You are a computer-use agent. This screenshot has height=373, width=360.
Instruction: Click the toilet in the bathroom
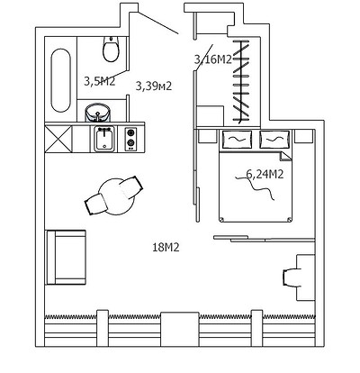pos(112,49)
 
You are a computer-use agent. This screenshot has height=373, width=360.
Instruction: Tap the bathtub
pos(61,80)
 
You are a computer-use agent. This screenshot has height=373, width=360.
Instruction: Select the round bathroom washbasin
pos(98,113)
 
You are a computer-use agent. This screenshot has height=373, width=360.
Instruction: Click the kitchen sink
pos(104,139)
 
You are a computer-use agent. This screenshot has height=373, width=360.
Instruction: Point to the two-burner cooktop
pos(130,140)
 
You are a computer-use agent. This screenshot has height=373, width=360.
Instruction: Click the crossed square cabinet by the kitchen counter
pos(58,139)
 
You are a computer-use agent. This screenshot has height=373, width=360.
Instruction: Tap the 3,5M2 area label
pos(99,81)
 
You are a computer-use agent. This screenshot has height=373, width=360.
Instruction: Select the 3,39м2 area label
pos(154,86)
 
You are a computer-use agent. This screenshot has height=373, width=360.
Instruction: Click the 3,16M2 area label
pos(213,59)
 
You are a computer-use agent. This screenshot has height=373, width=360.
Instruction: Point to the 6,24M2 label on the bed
pos(265,174)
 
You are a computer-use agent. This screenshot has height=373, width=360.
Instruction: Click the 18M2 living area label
pos(166,248)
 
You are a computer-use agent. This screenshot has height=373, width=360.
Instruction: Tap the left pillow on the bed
pos(237,140)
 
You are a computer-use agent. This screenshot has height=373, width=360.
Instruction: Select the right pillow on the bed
pos(275,140)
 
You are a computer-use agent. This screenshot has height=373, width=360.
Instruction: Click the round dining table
pos(117,196)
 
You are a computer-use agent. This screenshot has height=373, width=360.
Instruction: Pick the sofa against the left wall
pos(66,257)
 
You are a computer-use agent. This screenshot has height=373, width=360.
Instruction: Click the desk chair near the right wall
pos(292,277)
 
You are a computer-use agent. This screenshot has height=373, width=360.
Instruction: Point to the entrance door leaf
pos(158,23)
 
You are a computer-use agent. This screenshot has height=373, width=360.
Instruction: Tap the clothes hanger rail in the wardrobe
pos(240,82)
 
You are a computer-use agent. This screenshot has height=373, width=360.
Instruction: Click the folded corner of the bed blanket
pos(285,157)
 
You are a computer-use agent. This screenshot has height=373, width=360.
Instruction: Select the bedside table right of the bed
pos(303,136)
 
